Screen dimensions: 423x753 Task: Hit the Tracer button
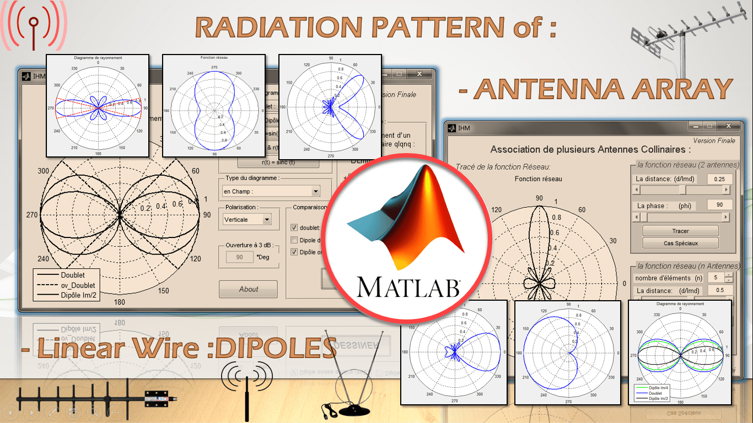click(680, 231)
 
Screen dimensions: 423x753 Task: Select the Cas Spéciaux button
click(680, 243)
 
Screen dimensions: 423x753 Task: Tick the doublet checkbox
click(294, 227)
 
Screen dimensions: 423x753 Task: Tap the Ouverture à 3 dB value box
click(239, 257)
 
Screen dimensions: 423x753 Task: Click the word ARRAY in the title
click(671, 89)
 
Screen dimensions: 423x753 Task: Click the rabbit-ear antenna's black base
click(356, 411)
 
